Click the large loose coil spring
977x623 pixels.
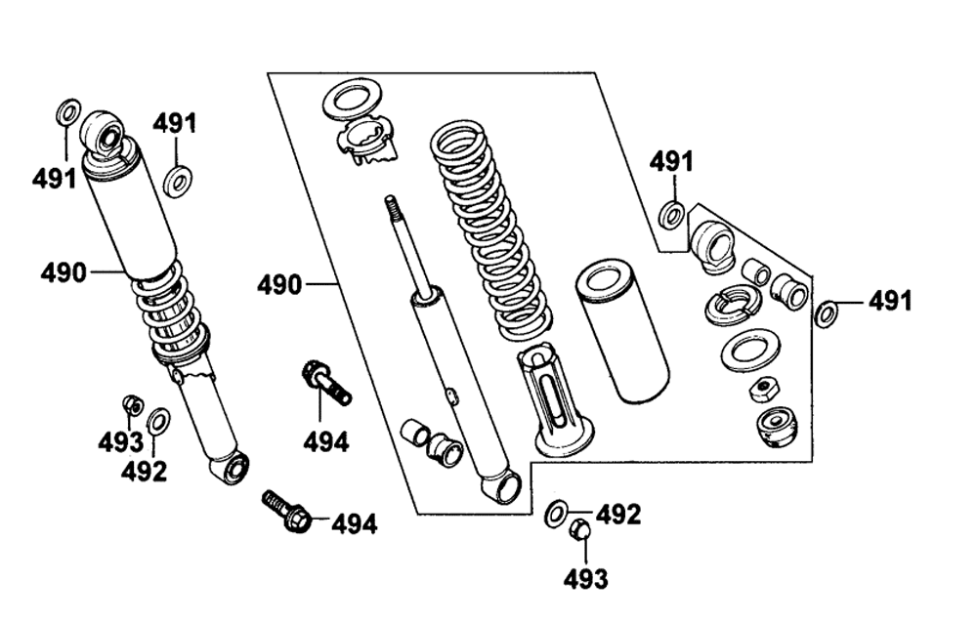pos(490,230)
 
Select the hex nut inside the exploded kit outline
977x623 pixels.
pos(761,390)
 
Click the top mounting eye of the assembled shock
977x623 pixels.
pos(104,134)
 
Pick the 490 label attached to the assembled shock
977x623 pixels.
pos(63,272)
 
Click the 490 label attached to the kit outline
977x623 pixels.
pos(279,285)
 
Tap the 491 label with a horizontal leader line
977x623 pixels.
pos(890,301)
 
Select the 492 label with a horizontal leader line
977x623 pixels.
pos(618,515)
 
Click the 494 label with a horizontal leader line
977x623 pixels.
pos(354,524)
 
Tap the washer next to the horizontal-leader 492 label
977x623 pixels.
pos(556,512)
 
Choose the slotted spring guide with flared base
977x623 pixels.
pos(555,402)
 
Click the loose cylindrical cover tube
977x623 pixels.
pos(621,331)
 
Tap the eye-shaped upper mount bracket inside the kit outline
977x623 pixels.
pos(713,246)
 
